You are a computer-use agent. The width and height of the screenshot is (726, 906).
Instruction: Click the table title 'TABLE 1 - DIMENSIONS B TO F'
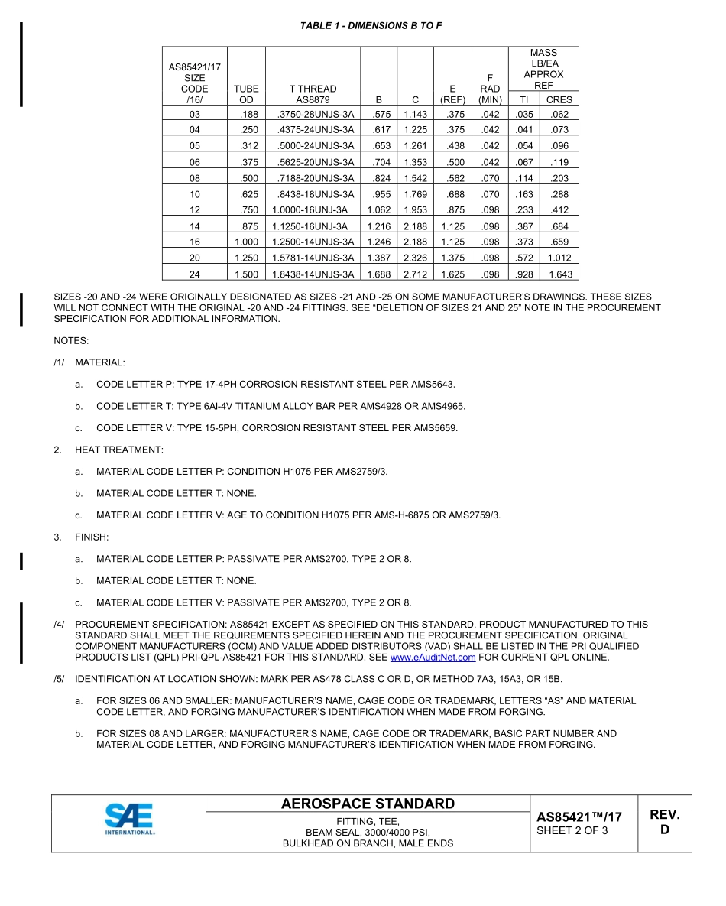pyautogui.click(x=371, y=26)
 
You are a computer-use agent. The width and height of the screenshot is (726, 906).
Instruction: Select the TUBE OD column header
pyautogui.click(x=246, y=94)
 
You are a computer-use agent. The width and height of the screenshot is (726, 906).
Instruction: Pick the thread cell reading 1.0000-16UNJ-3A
pyautogui.click(x=313, y=210)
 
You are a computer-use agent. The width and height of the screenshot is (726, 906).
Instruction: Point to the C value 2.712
pyautogui.click(x=415, y=274)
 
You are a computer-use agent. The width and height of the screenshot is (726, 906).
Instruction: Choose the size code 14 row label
pyautogui.click(x=194, y=226)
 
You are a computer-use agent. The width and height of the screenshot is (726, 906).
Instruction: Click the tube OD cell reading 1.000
pyautogui.click(x=246, y=242)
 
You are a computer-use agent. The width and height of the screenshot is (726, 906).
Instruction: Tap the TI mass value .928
pyautogui.click(x=524, y=274)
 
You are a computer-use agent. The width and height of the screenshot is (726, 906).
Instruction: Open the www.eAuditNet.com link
pyautogui.click(x=433, y=658)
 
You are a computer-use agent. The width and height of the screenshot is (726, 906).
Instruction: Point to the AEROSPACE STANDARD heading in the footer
pyautogui.click(x=368, y=804)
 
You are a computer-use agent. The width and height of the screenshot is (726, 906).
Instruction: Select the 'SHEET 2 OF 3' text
pyautogui.click(x=572, y=831)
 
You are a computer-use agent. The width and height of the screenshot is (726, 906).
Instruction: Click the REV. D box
pyautogui.click(x=664, y=822)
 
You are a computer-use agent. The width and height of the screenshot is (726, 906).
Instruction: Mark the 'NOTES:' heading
pyautogui.click(x=71, y=339)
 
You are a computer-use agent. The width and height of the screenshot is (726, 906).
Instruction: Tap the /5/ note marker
pyautogui.click(x=59, y=680)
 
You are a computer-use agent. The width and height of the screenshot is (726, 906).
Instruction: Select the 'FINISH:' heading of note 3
pyautogui.click(x=92, y=537)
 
